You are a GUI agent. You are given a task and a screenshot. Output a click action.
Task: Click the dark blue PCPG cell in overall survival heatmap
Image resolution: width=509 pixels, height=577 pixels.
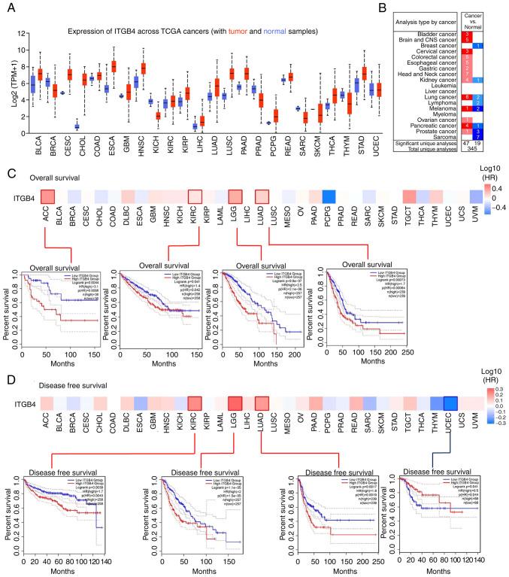tap(327, 197)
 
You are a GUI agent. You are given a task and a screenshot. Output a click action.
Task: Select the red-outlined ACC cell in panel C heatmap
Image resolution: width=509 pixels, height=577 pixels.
tap(47, 197)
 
